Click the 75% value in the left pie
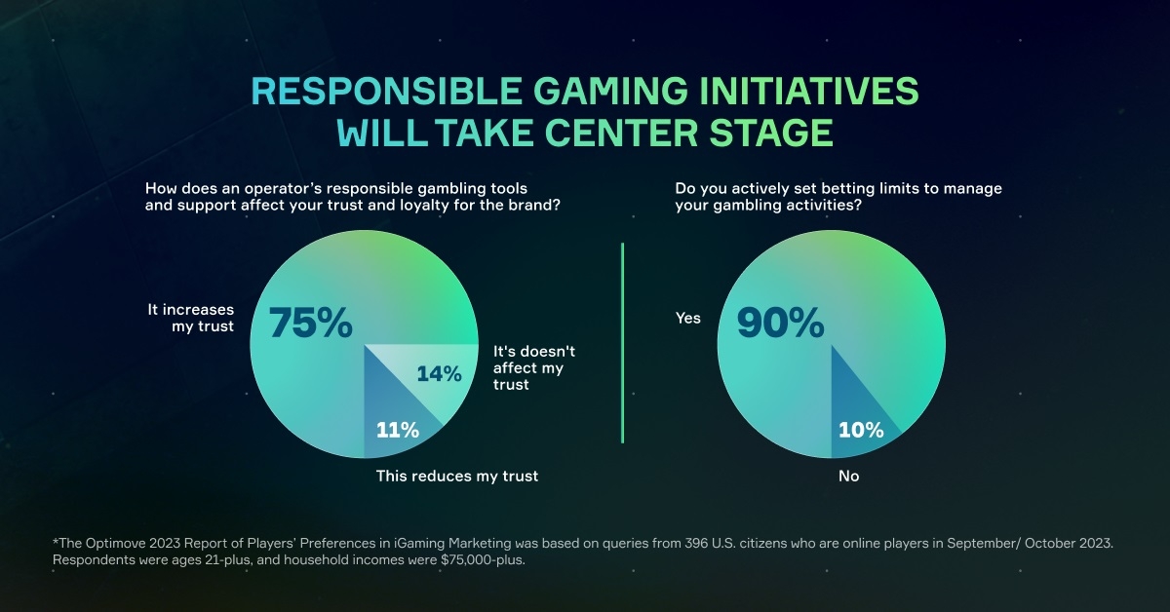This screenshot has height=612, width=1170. (310, 323)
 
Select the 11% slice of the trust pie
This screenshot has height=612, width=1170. (398, 430)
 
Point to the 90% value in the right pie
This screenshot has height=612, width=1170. (780, 323)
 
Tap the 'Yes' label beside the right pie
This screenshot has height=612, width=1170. (687, 318)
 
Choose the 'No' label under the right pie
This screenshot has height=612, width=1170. (848, 477)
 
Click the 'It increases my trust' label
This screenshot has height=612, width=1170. (191, 318)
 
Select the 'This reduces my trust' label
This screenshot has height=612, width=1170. (457, 477)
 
